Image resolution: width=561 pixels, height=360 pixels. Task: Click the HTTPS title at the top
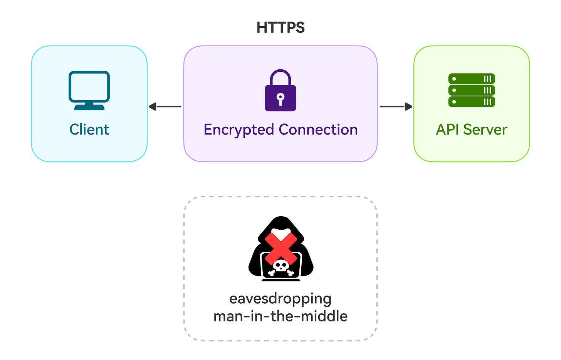(x=280, y=28)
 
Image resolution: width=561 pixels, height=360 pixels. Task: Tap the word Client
(x=89, y=130)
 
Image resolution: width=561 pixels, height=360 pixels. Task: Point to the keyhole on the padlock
(x=280, y=98)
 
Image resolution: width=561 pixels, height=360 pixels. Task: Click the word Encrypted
(x=239, y=130)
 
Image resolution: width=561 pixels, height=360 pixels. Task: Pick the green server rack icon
(x=472, y=90)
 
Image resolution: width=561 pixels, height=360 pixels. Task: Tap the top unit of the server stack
(x=472, y=79)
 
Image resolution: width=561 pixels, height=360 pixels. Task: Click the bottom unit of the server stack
(x=472, y=102)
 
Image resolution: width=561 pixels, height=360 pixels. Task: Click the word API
(x=448, y=130)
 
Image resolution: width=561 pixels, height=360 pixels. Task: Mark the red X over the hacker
(x=281, y=247)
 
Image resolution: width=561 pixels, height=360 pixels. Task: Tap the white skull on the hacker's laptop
(x=281, y=266)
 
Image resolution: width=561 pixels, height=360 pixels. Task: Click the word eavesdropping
(x=280, y=299)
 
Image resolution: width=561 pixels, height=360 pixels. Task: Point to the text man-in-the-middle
(x=280, y=316)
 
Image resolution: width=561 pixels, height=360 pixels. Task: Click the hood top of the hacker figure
(x=281, y=222)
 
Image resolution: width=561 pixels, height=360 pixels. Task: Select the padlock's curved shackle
(x=280, y=76)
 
